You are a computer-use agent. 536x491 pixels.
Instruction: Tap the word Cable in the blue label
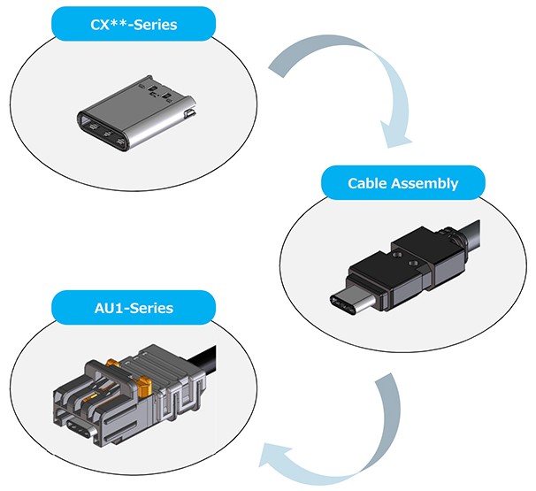pos(369,183)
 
